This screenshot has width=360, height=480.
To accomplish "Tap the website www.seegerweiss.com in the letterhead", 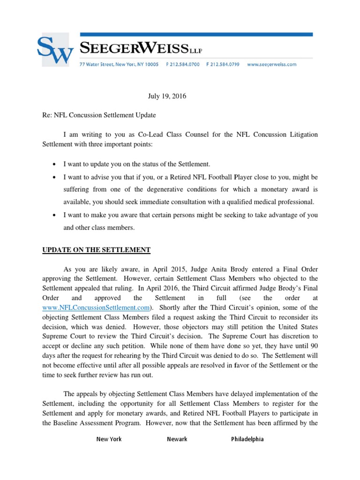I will [x=271, y=65].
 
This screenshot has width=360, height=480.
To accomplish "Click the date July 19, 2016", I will [x=167, y=96].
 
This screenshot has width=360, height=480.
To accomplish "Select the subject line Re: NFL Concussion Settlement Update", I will [x=99, y=115].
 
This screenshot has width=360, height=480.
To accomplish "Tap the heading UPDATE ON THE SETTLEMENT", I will [x=96, y=250].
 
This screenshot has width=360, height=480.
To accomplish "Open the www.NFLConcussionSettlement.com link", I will [x=96, y=307].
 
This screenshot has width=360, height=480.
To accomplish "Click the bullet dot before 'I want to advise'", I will [x=55, y=177].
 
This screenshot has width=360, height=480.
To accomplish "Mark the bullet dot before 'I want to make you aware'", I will [x=55, y=215].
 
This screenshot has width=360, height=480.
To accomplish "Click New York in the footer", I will [x=109, y=439].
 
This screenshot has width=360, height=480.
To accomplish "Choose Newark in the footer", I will [x=177, y=439].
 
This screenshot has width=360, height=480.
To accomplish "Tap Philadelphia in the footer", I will [x=247, y=439].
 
